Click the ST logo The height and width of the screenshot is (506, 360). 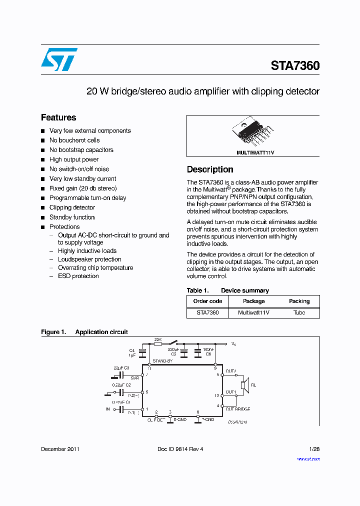(59, 59)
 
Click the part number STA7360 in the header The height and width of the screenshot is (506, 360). (295, 66)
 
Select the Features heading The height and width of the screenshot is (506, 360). (58, 117)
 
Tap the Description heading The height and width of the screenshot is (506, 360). (210, 169)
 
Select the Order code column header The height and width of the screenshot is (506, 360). (207, 301)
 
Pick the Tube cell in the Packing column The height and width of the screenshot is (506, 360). (299, 312)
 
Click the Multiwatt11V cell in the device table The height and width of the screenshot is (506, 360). (253, 312)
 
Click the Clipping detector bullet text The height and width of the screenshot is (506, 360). (72, 207)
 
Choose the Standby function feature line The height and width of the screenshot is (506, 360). (72, 217)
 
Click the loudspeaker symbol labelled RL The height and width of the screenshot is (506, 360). (243, 385)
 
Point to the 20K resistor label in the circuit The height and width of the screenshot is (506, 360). (157, 339)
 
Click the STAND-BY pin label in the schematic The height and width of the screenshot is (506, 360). (162, 360)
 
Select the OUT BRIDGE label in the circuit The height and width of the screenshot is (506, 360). (237, 409)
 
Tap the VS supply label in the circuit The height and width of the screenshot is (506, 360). (233, 344)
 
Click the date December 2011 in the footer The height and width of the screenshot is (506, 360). (60, 449)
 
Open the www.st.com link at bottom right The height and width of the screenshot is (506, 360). (308, 458)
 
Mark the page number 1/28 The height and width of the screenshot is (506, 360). (314, 449)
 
